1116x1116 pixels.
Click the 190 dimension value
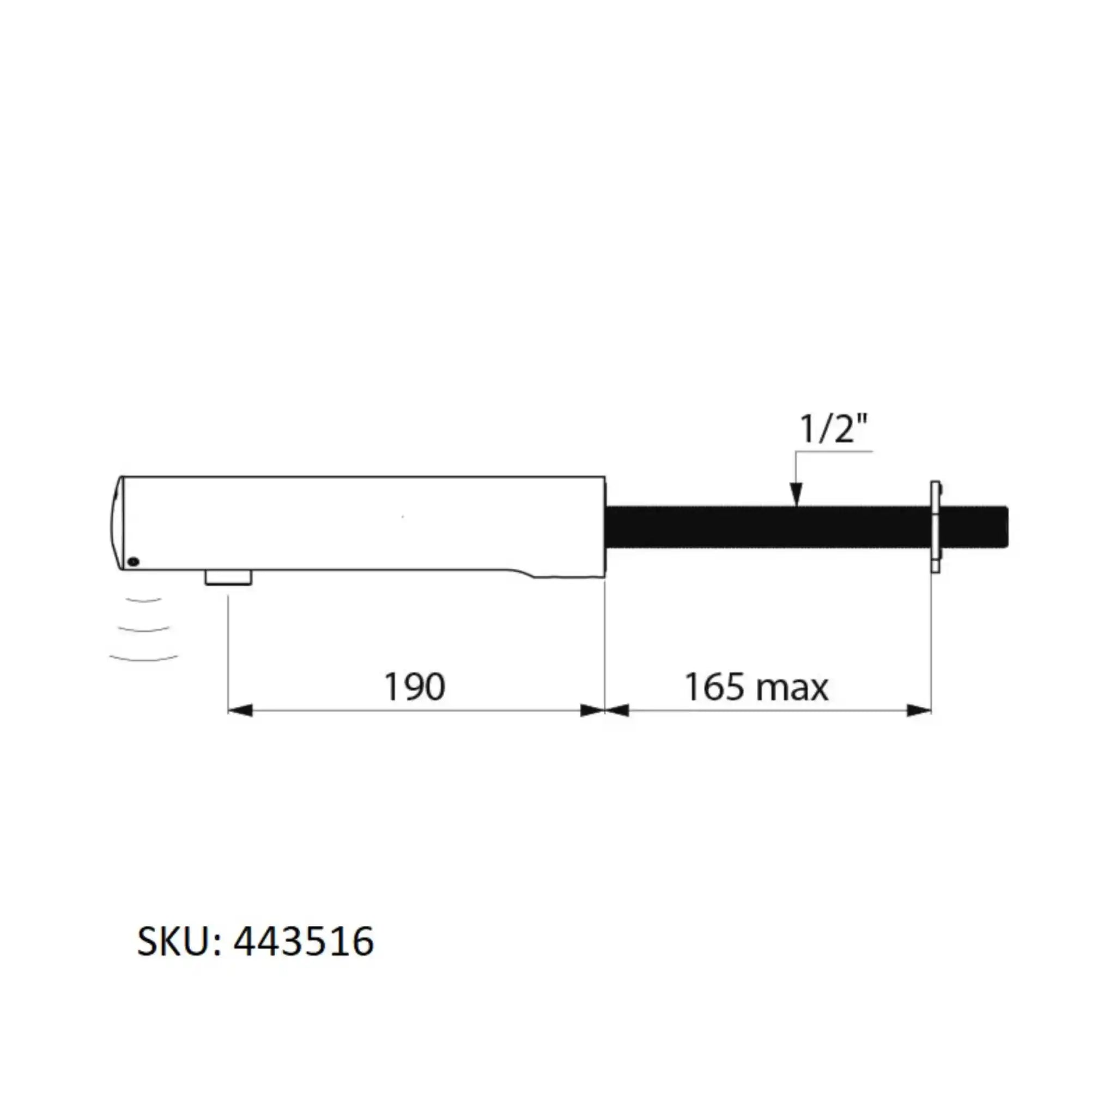pos(414,687)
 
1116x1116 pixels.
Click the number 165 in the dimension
pos(714,687)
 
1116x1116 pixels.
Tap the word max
pos(792,689)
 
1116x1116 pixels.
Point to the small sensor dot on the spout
pos(134,561)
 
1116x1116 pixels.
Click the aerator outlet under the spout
pos(228,577)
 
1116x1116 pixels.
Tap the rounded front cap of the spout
pos(117,523)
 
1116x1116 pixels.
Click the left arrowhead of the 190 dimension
pos(240,711)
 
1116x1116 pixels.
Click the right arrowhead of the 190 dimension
pos(593,711)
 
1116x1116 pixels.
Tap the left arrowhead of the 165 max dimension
pos(617,711)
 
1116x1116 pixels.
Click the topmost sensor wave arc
pos(143,601)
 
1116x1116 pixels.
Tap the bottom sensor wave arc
pos(143,658)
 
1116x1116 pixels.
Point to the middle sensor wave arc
pos(143,628)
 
